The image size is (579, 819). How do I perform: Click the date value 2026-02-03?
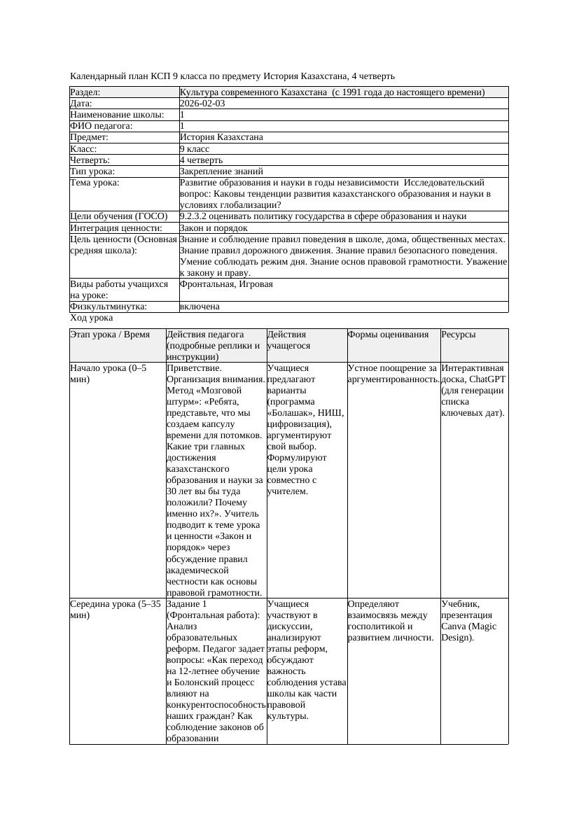click(x=202, y=104)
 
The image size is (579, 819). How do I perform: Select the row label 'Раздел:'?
click(x=85, y=92)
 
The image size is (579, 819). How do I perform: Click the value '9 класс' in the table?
click(x=195, y=149)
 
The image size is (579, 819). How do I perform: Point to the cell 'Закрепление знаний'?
click(x=221, y=171)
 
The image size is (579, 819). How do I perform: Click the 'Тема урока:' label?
click(x=95, y=183)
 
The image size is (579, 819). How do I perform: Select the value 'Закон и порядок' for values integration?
click(x=214, y=228)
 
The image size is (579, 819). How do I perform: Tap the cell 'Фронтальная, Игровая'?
click(x=226, y=285)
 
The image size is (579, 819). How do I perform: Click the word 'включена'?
click(x=200, y=307)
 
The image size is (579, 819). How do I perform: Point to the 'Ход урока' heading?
click(x=92, y=318)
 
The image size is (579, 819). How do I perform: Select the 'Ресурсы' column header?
click(x=459, y=335)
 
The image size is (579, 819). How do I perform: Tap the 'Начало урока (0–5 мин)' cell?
click(x=109, y=373)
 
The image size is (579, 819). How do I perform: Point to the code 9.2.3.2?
click(x=197, y=216)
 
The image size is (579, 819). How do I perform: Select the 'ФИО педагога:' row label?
click(x=102, y=126)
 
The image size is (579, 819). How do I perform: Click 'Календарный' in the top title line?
click(x=96, y=76)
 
